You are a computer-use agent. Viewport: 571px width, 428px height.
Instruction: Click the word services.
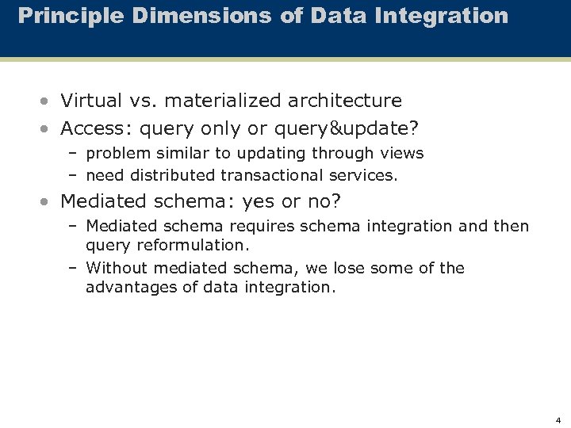[362, 175]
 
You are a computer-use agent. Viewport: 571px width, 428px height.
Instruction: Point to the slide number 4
[558, 420]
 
